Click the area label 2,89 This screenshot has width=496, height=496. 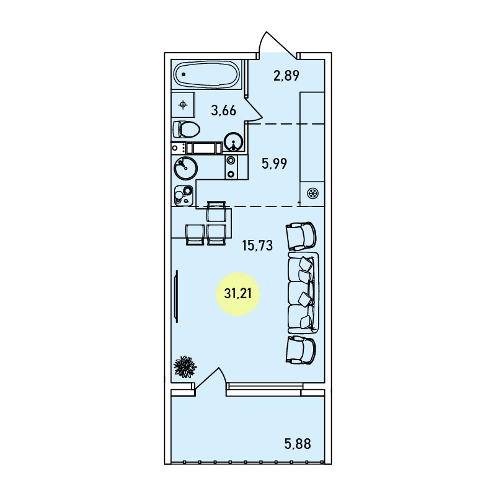pos(286,76)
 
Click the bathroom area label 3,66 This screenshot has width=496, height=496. pos(224,111)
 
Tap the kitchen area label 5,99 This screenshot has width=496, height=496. pos(274,164)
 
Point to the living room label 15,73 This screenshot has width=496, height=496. pos(257,246)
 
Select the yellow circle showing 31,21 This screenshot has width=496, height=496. pos(238,294)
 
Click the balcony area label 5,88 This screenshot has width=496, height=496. pos(298,444)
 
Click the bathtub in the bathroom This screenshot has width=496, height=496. pos(207,74)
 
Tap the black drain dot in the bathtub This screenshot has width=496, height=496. pos(184,74)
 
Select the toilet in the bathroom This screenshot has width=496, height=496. pos(186,130)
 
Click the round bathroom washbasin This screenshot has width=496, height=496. pos(234,142)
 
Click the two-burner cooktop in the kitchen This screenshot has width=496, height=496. pos(231,167)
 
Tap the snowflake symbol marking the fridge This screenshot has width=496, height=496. pos(313,193)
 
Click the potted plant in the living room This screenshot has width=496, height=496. pos(185,366)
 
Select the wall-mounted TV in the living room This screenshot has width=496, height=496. pos(177,296)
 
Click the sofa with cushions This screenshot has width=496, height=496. pos(303,293)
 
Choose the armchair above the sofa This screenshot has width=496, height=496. pos(301,236)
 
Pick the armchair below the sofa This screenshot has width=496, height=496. pos(301,350)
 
